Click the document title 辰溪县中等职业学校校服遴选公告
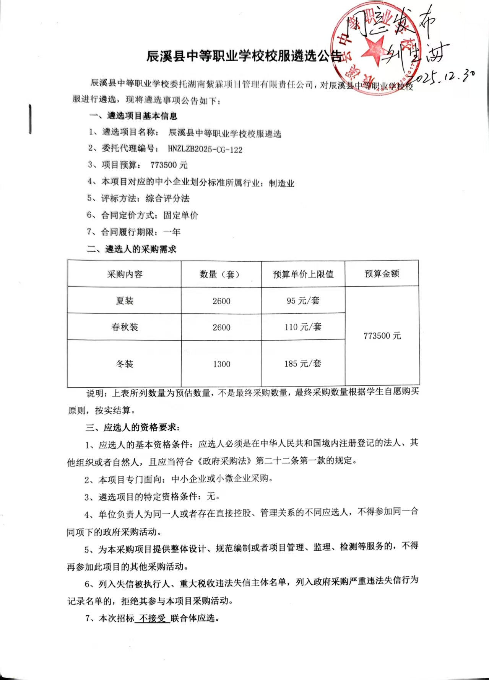click(x=244, y=56)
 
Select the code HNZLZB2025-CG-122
click(x=205, y=149)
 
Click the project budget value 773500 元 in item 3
click(x=169, y=165)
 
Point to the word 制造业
click(x=281, y=183)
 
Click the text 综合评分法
click(x=167, y=198)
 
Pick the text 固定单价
click(x=180, y=215)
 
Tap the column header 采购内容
click(x=125, y=274)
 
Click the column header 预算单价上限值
click(x=303, y=274)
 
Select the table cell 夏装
click(x=125, y=301)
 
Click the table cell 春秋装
click(x=125, y=327)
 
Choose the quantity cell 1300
click(x=222, y=364)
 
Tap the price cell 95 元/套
click(x=303, y=300)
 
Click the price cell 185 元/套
click(x=303, y=364)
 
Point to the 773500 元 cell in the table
click(x=382, y=336)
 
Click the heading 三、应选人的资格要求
click(x=132, y=427)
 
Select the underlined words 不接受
click(x=153, y=618)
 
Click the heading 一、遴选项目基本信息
click(x=133, y=116)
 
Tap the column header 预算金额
click(x=382, y=274)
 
